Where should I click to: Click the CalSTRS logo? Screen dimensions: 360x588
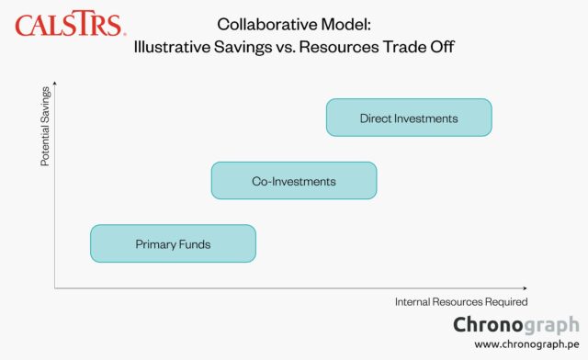click(x=70, y=24)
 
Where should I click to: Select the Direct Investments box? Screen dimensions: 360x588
click(x=409, y=118)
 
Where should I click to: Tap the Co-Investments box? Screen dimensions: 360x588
click(x=294, y=181)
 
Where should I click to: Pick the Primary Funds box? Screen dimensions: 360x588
click(x=173, y=244)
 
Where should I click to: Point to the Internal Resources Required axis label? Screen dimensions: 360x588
click(x=461, y=301)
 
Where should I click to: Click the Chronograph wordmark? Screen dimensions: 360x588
click(x=516, y=324)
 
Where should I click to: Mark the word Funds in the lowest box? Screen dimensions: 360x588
click(x=194, y=244)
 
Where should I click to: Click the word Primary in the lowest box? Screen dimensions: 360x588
click(x=155, y=244)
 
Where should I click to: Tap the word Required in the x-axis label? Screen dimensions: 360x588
click(x=504, y=301)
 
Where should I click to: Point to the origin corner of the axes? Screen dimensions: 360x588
click(x=55, y=288)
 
